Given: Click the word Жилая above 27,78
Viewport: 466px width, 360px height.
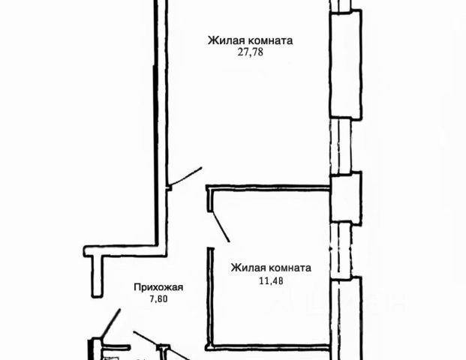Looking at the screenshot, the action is coord(224,41).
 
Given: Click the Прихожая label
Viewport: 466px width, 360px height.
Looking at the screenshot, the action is coord(158,286).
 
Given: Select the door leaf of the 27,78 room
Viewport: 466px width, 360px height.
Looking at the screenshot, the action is coord(185,176).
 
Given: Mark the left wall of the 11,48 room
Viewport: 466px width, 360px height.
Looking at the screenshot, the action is coord(209,300).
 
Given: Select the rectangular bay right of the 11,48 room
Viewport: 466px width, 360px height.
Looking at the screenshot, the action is coord(346,315).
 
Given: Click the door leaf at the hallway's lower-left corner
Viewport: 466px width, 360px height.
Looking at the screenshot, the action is coord(110,325).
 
